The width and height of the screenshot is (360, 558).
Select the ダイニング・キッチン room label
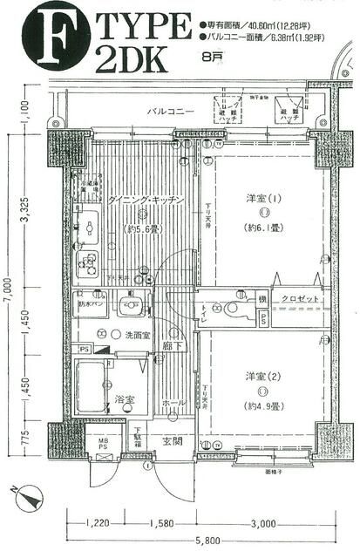click(145, 201)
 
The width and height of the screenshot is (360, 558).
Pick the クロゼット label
click(299, 298)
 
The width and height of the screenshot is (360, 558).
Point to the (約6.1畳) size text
click(261, 228)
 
